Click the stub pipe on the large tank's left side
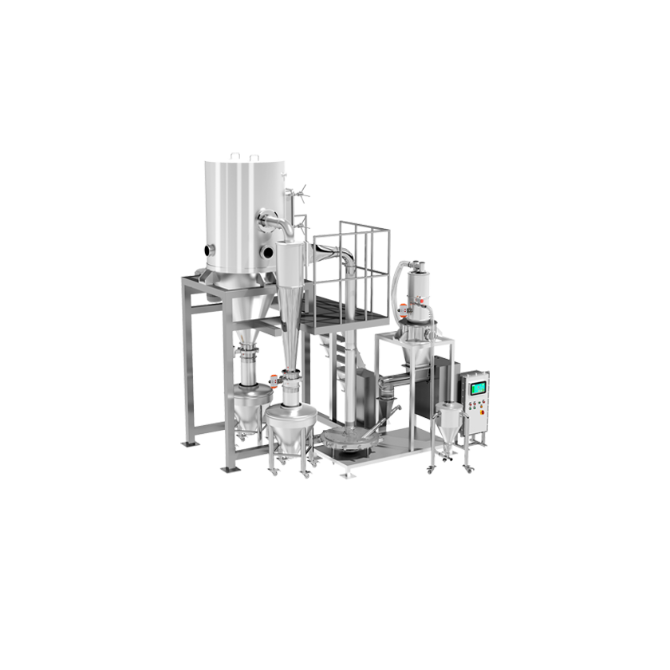point(210,250)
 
